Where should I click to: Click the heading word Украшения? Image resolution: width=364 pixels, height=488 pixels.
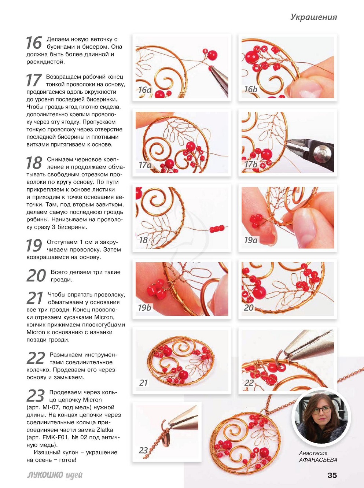[313, 17]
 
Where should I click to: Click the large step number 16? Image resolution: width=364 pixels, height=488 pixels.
[34, 43]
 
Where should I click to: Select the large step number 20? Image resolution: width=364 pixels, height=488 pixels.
[36, 276]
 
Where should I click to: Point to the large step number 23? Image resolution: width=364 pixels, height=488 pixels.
[36, 396]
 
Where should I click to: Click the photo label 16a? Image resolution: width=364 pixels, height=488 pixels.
[144, 90]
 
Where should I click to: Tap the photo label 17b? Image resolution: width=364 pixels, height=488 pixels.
[251, 164]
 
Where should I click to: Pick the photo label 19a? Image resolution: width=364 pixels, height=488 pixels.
[251, 240]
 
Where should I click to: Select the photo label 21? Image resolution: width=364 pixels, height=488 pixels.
[143, 383]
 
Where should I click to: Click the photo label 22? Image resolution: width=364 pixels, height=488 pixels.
[249, 383]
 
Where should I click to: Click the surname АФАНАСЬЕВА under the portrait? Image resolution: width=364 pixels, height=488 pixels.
[318, 460]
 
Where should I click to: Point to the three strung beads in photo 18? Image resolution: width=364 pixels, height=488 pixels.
[217, 229]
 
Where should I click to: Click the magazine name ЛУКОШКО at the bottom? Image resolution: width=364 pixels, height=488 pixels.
[45, 475]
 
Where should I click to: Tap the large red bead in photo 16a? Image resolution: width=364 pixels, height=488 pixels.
[212, 55]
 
